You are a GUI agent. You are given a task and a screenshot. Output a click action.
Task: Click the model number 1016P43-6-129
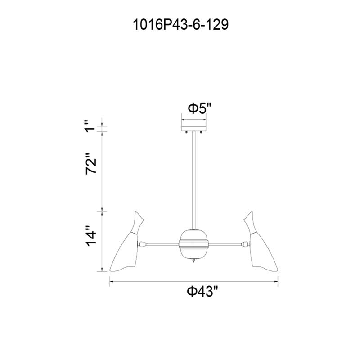tap(181, 25)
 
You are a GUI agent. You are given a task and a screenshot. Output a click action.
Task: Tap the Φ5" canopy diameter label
tap(199, 108)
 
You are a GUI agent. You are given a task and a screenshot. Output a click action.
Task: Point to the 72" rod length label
tap(91, 163)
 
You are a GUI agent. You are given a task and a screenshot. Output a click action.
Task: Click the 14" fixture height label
tap(91, 236)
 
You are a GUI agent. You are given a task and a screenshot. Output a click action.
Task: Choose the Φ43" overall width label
tap(202, 292)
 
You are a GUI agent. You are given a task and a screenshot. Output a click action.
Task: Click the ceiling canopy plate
tap(194, 129)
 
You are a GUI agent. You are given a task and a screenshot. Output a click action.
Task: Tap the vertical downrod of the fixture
tap(194, 180)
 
